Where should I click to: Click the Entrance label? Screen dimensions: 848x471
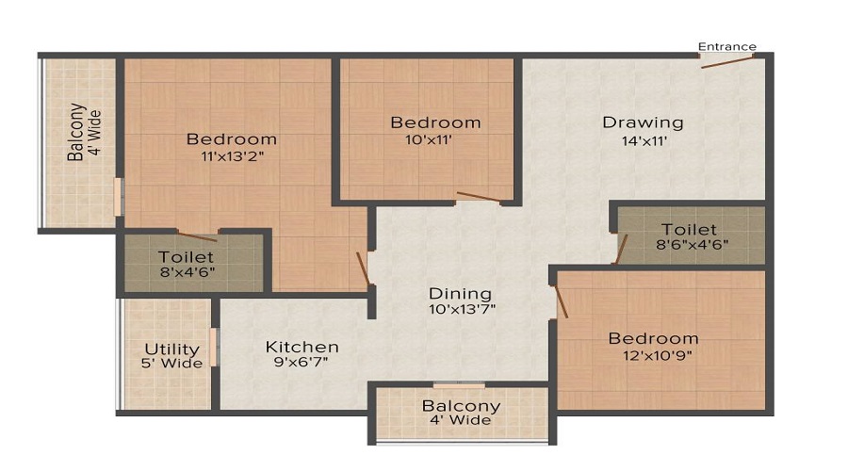coord(726,46)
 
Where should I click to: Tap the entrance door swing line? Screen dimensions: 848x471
coord(726,61)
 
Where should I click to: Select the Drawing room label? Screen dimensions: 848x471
coord(643,122)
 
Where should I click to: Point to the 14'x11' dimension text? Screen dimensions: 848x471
coord(644,141)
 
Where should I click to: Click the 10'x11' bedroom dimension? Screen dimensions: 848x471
coord(429,140)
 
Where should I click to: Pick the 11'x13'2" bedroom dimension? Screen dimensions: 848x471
coord(232,156)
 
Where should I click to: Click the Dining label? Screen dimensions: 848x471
coord(460,294)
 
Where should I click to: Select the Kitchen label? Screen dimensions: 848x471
coord(302,347)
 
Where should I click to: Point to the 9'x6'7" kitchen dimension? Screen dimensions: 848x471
coord(301,362)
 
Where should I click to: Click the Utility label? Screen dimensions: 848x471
coord(172,349)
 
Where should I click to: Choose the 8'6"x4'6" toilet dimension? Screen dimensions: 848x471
coord(693,244)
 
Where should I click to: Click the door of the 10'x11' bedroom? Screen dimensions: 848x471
coord(479,197)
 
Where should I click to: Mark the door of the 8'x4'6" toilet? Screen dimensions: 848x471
coord(198,236)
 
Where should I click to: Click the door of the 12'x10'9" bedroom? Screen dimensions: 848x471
coord(562,301)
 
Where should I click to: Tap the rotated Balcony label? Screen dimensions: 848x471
coord(76,132)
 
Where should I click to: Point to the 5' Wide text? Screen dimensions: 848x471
coord(172,364)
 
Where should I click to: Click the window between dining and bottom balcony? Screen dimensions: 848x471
coord(459,385)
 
